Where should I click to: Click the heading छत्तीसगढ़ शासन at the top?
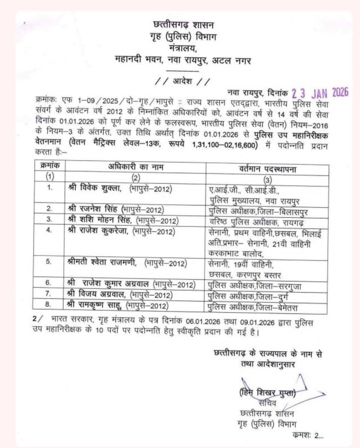point(184,25)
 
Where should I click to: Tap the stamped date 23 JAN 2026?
point(320,92)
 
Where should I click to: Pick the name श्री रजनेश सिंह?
point(94,210)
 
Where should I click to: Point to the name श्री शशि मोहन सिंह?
point(100,220)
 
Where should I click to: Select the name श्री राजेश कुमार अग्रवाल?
point(109,284)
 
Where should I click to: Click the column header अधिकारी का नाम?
point(136,167)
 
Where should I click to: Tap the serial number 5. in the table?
point(49,262)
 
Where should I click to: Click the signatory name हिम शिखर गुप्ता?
point(268,393)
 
